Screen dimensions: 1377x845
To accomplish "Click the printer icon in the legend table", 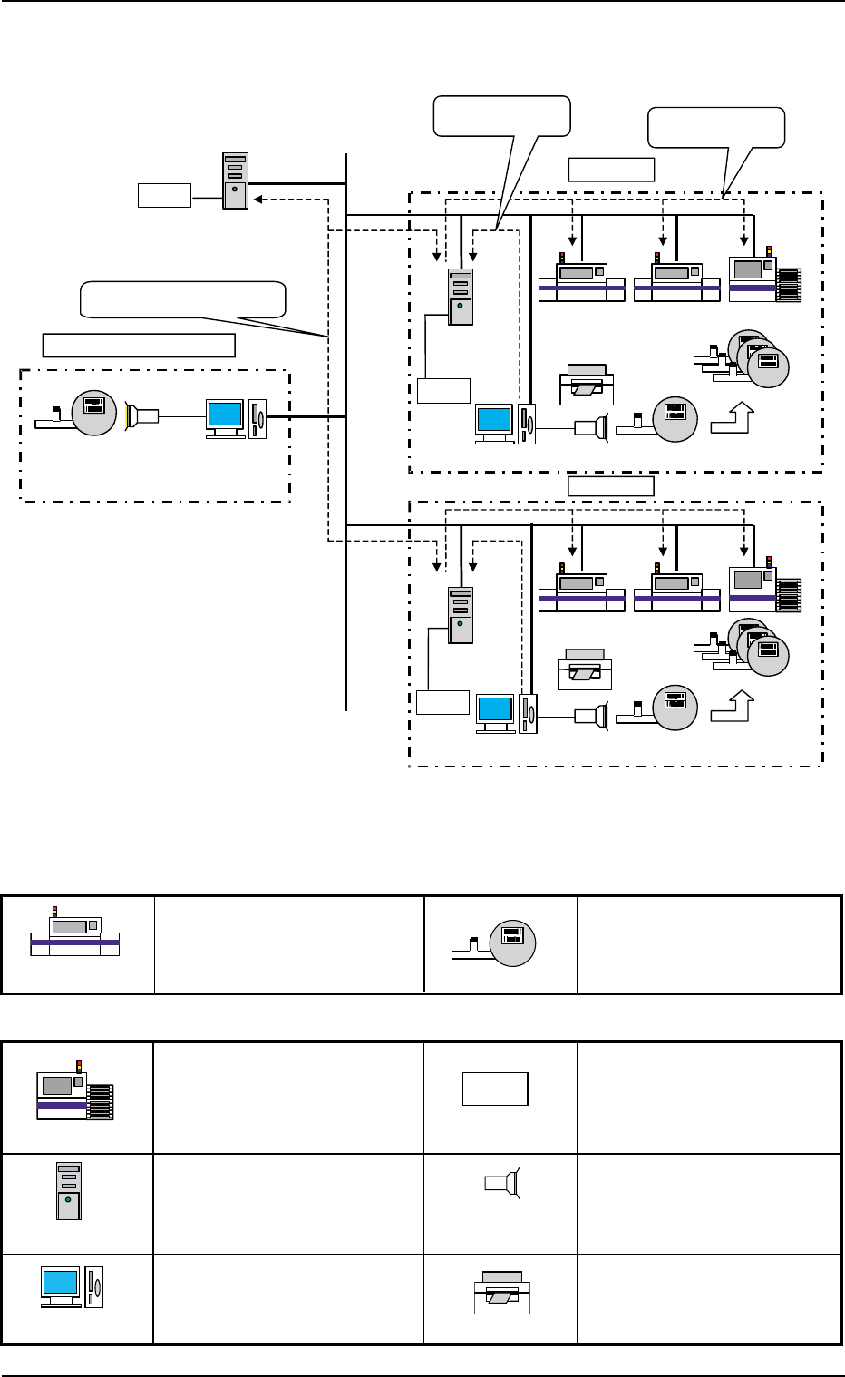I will pos(502,1293).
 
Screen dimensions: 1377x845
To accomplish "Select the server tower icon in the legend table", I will pos(69,1190).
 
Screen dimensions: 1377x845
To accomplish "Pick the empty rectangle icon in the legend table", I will pos(495,1089).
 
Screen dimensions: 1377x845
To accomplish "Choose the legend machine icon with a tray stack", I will pos(74,1091).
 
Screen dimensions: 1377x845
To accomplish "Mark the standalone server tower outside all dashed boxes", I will pos(235,181).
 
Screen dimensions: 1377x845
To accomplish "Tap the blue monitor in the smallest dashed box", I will pos(225,416).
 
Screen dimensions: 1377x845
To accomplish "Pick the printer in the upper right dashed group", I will pos(587,384).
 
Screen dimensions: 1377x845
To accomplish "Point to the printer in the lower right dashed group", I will pos(585,669).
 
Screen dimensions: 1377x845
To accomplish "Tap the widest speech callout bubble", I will pos(183,299).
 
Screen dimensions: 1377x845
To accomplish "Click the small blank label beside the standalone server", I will pos(164,195).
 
